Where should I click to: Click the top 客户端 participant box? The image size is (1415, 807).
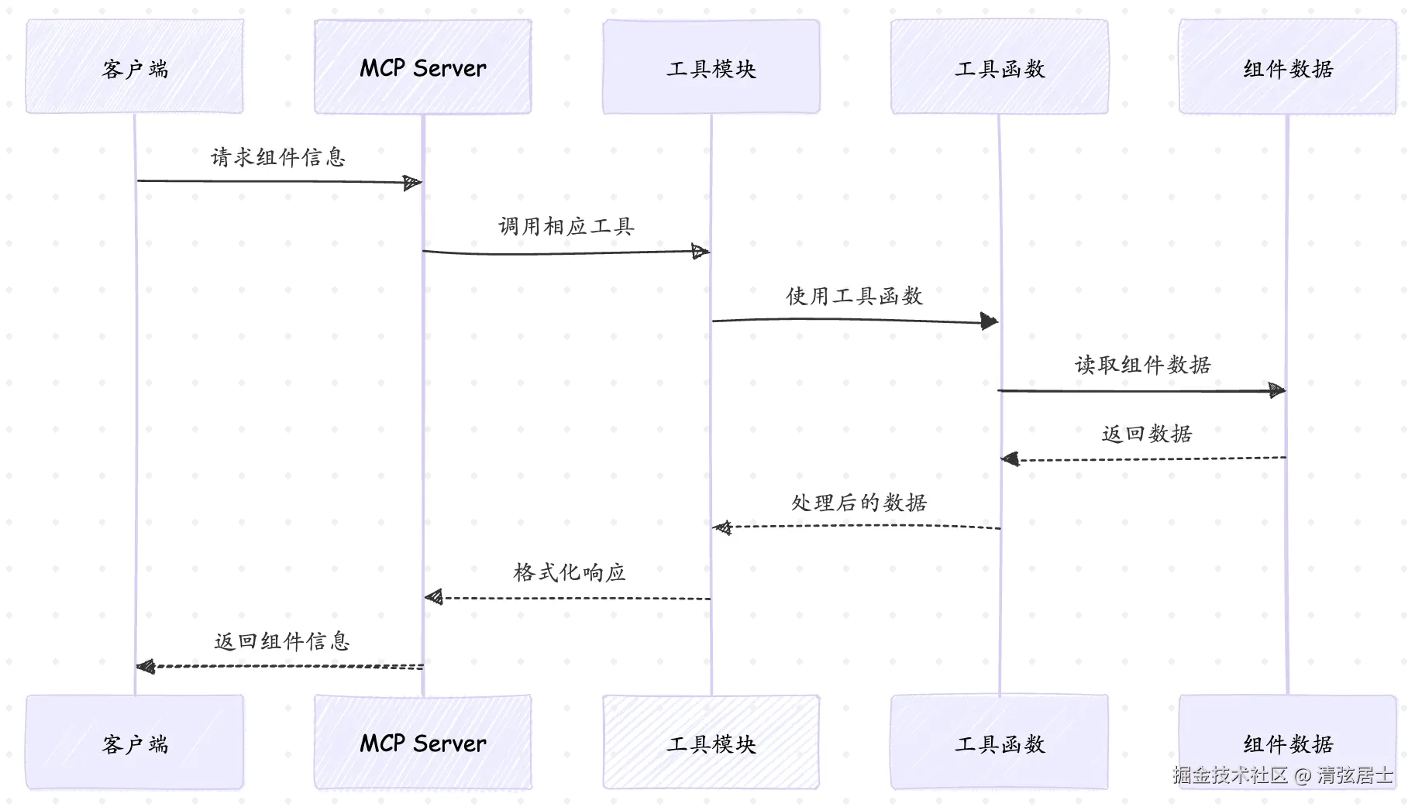[135, 67]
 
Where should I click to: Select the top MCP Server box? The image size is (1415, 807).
[423, 67]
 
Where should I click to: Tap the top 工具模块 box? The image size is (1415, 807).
[711, 67]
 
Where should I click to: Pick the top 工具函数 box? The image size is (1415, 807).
[1000, 67]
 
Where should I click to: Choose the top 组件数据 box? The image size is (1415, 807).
[1288, 67]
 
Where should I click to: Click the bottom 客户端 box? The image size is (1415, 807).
[135, 742]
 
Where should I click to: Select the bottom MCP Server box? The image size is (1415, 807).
[423, 742]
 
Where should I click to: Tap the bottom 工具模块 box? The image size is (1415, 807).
[711, 742]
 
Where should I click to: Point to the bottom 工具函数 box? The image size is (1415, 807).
[1000, 742]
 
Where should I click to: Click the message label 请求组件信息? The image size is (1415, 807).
[278, 157]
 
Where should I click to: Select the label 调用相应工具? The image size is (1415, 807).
[566, 226]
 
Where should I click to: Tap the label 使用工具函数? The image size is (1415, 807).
[855, 296]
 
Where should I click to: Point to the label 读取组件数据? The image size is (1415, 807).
[1143, 365]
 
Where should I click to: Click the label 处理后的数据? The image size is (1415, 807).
[859, 503]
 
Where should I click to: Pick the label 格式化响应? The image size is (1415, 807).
[570, 572]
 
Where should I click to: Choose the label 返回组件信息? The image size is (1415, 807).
[282, 641]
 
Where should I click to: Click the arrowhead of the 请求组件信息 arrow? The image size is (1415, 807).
[413, 183]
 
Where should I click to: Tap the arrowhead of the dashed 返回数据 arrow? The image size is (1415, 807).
[1010, 460]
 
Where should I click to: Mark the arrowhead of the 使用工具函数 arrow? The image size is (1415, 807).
[989, 321]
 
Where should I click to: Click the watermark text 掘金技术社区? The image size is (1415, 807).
[1230, 774]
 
